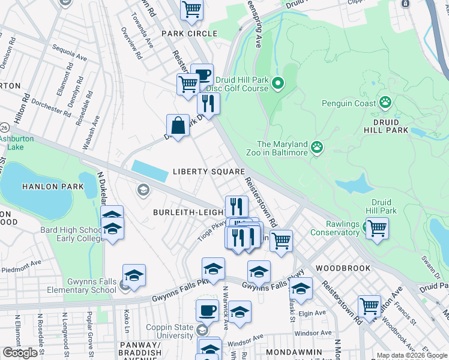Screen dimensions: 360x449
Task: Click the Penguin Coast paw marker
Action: (385, 103)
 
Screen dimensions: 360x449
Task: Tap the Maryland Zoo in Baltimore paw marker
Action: (317, 146)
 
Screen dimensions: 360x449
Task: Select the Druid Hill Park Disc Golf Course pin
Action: (277, 83)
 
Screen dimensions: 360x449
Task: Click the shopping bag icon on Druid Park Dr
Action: (178, 126)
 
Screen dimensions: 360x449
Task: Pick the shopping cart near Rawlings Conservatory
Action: (377, 229)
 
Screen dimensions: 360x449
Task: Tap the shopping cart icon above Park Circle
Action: (191, 9)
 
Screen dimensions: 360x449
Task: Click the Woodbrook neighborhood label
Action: (343, 268)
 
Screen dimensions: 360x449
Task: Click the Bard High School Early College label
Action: (71, 235)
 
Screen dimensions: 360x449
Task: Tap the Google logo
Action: (20, 353)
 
